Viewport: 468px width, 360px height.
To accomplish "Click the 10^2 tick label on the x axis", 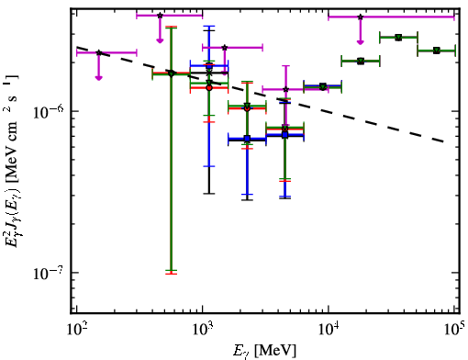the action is (x=77, y=331).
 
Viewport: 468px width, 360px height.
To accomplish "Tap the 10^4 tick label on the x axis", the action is (x=329, y=331).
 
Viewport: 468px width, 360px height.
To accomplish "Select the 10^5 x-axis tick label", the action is (x=455, y=330).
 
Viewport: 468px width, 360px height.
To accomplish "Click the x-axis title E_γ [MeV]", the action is (x=264, y=351).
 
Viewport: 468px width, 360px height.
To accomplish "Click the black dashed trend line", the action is (x=260, y=94).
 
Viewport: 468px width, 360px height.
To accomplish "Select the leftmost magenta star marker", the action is (x=99, y=52).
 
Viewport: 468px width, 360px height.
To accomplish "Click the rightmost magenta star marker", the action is (x=361, y=17).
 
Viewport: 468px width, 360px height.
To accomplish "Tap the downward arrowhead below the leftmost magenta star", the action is (x=98, y=78).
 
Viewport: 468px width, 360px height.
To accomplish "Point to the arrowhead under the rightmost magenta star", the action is (x=361, y=42).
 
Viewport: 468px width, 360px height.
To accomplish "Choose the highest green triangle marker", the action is (x=398, y=38).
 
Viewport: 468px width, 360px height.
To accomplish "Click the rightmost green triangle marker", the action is (x=437, y=51).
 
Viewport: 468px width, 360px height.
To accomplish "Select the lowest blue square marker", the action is (x=247, y=139).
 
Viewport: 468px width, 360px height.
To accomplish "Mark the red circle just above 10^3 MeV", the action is (x=209, y=88).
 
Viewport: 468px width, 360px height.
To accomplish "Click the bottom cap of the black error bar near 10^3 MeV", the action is (x=209, y=194).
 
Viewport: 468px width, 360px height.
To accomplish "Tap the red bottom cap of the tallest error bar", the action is (x=171, y=274).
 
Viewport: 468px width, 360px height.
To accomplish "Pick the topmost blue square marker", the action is (x=209, y=65).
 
